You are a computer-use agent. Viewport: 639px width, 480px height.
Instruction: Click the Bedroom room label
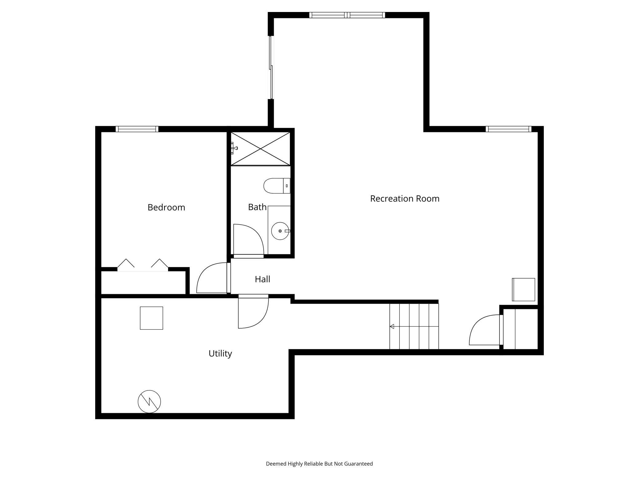tap(166, 207)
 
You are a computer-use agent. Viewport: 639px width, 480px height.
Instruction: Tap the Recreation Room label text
tap(405, 199)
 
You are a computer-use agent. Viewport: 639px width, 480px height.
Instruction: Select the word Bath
tap(257, 207)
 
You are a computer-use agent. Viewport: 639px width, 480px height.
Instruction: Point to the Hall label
tap(262, 279)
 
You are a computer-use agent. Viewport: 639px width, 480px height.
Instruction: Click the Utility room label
tap(220, 354)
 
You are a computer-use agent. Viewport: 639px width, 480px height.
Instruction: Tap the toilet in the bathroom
tap(276, 186)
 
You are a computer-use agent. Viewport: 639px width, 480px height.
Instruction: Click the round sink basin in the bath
tap(280, 231)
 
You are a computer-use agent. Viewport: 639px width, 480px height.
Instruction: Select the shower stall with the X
tap(260, 149)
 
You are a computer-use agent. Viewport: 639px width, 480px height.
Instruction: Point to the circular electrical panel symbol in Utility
tap(149, 402)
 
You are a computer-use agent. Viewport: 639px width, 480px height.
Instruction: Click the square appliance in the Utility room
tap(151, 318)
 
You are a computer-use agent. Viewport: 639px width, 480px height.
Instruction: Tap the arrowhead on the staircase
tap(392, 326)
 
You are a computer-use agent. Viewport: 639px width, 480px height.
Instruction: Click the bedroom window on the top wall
tap(137, 129)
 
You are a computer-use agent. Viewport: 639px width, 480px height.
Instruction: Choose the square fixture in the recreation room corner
tap(523, 290)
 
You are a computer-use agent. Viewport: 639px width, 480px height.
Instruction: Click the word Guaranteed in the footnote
tap(358, 464)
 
